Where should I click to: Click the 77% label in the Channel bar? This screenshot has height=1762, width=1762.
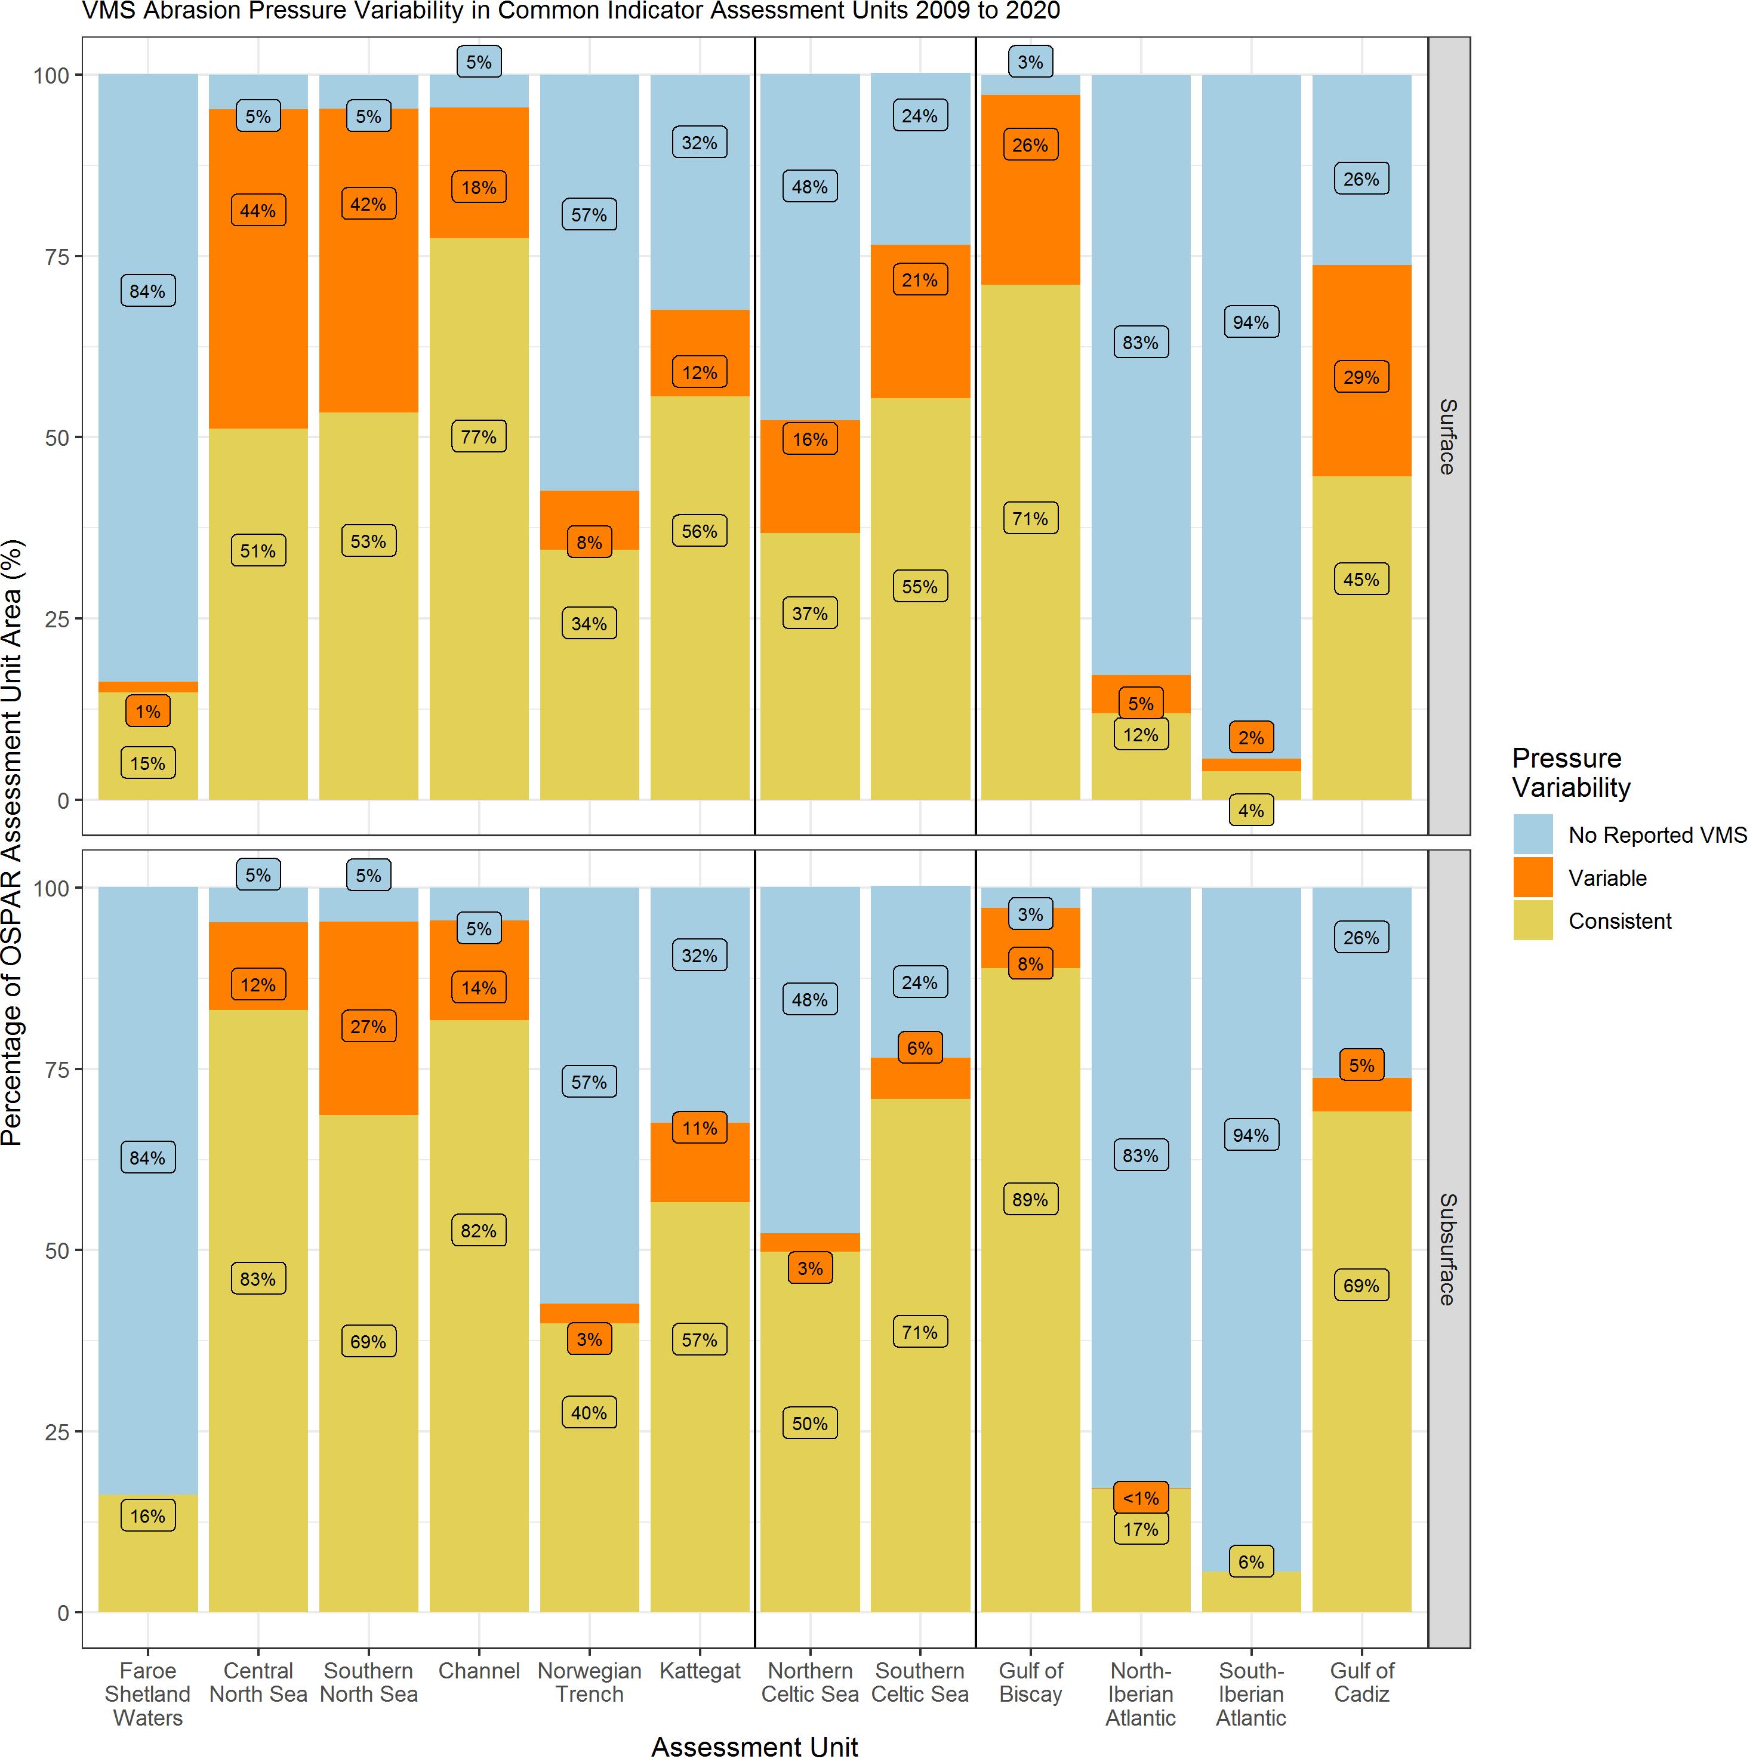point(479,437)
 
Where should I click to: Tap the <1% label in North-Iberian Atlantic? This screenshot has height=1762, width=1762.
point(1140,1498)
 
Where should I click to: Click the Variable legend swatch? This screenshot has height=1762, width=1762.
point(1532,877)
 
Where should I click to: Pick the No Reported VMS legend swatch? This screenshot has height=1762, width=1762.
point(1532,834)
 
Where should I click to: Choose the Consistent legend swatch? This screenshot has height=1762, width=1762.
point(1532,920)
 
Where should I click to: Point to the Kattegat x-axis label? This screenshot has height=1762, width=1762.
point(700,1671)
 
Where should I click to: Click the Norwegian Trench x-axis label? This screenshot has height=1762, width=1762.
point(589,1683)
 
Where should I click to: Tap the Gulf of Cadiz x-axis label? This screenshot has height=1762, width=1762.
point(1361,1683)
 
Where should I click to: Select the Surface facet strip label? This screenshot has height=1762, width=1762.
point(1447,436)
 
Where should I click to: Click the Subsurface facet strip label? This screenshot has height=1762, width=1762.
point(1447,1249)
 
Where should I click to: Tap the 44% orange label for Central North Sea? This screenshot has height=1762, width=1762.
point(258,211)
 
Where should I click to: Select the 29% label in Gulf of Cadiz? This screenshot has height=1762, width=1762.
point(1361,377)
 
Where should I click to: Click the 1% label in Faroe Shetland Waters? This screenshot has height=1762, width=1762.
point(148,711)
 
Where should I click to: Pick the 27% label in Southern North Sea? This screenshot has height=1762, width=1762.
point(368,1027)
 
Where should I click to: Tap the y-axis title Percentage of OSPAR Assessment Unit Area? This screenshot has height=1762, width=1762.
point(12,843)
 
